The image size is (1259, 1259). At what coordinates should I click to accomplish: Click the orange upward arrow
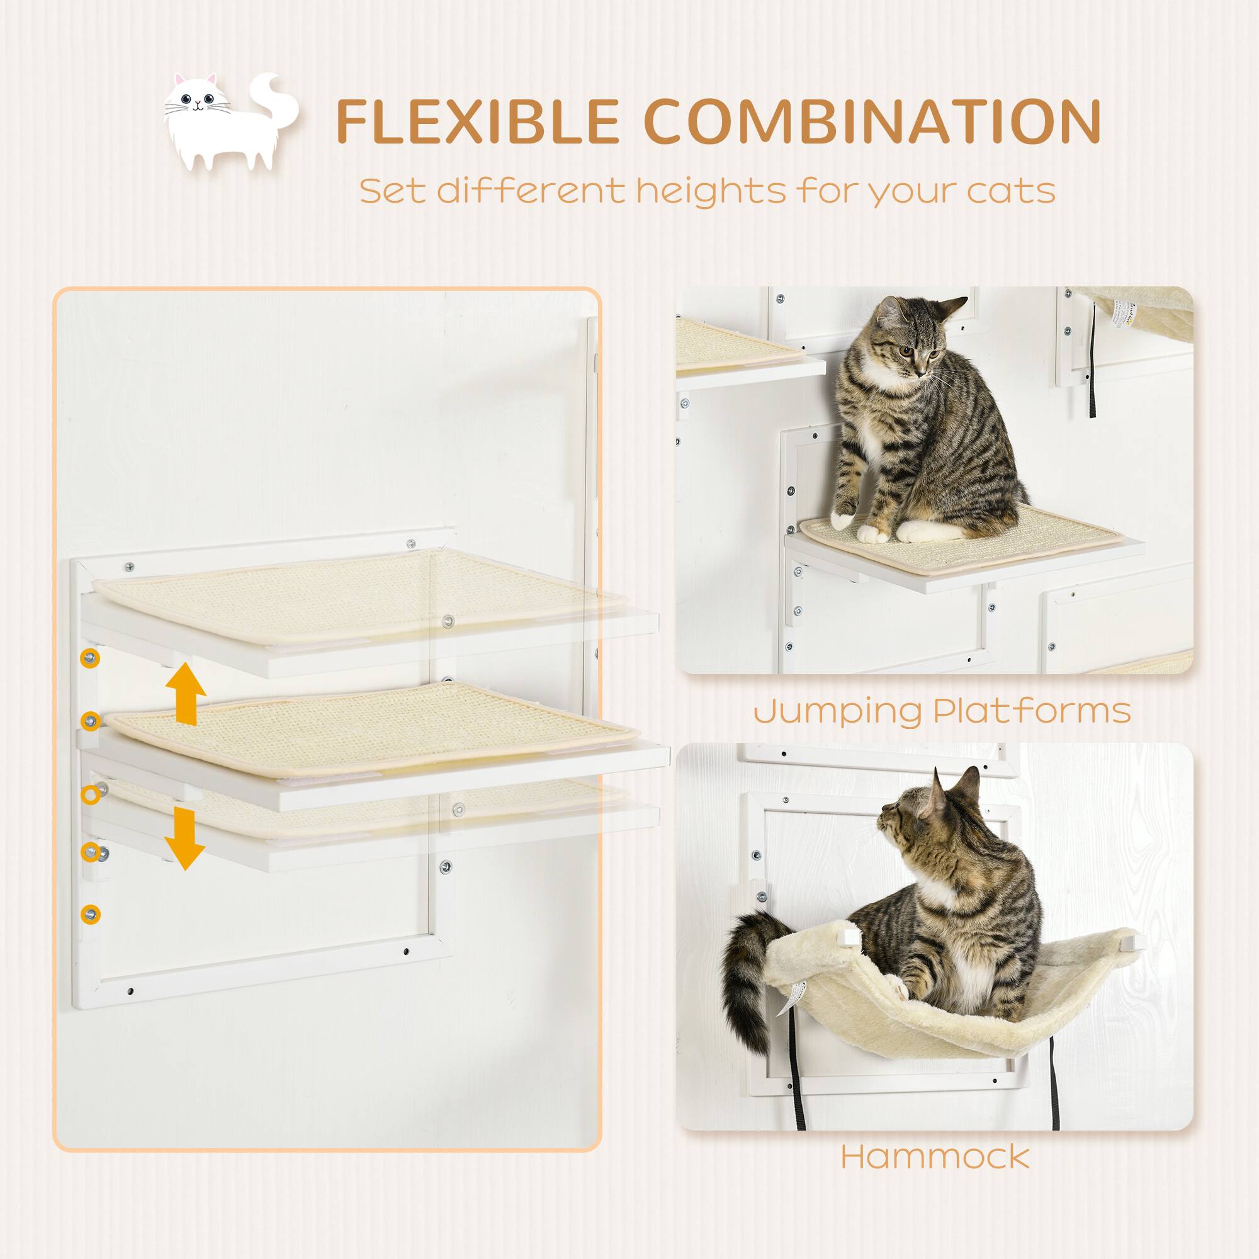(186, 694)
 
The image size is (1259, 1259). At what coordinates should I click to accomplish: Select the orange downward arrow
(184, 838)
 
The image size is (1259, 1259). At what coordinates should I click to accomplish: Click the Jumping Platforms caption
(942, 710)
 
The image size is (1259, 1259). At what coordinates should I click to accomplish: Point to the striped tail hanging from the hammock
(749, 984)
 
